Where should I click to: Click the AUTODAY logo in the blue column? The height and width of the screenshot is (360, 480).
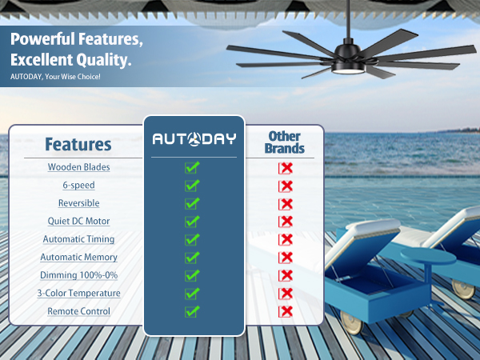click(194, 139)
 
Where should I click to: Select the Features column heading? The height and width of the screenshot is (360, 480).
click(78, 145)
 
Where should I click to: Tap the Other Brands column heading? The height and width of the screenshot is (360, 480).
click(286, 142)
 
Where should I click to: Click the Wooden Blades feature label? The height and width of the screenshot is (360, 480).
click(78, 167)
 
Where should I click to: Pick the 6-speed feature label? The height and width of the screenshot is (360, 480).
click(78, 185)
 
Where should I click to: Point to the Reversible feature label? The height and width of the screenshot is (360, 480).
click(78, 203)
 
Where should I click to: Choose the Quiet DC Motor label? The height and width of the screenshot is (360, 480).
click(78, 221)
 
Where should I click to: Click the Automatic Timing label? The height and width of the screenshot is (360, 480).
click(78, 239)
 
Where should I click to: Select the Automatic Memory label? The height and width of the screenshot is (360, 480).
click(78, 257)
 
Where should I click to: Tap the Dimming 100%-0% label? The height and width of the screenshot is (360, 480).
click(78, 275)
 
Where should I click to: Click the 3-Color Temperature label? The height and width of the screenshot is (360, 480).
click(78, 293)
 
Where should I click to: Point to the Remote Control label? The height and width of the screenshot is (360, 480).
click(78, 310)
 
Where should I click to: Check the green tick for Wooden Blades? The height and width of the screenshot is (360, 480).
click(192, 167)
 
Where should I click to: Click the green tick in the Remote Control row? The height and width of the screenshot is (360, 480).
click(192, 311)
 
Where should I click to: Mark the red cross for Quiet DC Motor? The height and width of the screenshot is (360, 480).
click(286, 222)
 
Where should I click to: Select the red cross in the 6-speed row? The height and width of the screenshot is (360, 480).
click(286, 186)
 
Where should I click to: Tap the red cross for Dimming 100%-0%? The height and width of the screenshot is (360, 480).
click(286, 276)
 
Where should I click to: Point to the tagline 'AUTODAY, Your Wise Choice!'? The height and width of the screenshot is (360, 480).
click(55, 77)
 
